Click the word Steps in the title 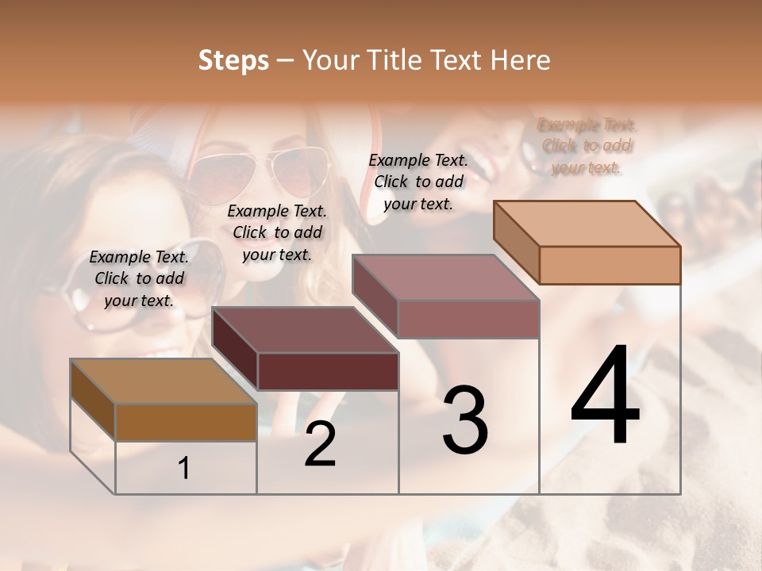pyautogui.click(x=233, y=60)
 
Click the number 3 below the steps pyautogui.click(x=465, y=420)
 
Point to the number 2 pyautogui.click(x=320, y=444)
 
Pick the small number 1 pyautogui.click(x=184, y=469)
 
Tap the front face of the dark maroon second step pyautogui.click(x=328, y=371)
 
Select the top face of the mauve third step pyautogui.click(x=445, y=278)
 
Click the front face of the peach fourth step pyautogui.click(x=610, y=265)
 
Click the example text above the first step pyautogui.click(x=139, y=278)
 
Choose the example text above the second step pyautogui.click(x=277, y=232)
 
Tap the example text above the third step pyautogui.click(x=418, y=182)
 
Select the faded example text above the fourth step pyautogui.click(x=587, y=146)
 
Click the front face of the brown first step pyautogui.click(x=186, y=422)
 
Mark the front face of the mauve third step pyautogui.click(x=468, y=319)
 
